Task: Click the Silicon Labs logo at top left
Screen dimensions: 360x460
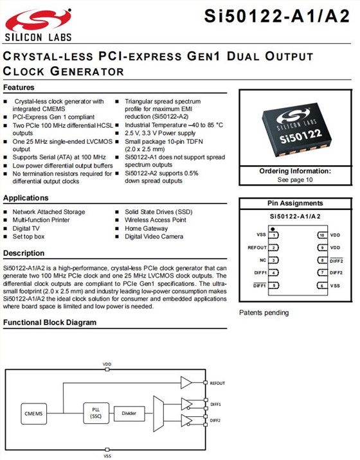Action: (38, 25)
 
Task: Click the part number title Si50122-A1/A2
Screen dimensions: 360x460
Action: (277, 16)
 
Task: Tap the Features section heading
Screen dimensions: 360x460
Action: (19, 87)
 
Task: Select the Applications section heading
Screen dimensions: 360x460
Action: (26, 198)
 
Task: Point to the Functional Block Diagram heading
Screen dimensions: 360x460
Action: (50, 323)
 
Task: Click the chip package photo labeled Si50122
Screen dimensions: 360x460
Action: (296, 128)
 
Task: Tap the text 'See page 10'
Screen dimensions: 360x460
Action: (295, 180)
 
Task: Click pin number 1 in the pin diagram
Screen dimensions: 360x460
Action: (274, 235)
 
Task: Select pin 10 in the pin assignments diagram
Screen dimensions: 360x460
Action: (322, 235)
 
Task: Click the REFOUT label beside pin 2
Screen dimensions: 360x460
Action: (257, 247)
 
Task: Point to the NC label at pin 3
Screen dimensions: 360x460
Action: (263, 260)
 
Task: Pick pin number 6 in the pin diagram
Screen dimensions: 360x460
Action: (322, 285)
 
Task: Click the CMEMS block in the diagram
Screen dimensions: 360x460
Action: (34, 413)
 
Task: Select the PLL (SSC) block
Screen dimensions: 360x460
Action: (96, 413)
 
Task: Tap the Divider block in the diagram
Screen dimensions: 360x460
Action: (129, 413)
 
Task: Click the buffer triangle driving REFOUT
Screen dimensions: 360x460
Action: (186, 382)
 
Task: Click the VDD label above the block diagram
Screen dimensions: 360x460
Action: (107, 364)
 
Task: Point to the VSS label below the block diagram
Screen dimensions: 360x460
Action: (107, 456)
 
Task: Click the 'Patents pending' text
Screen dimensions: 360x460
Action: (264, 313)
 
